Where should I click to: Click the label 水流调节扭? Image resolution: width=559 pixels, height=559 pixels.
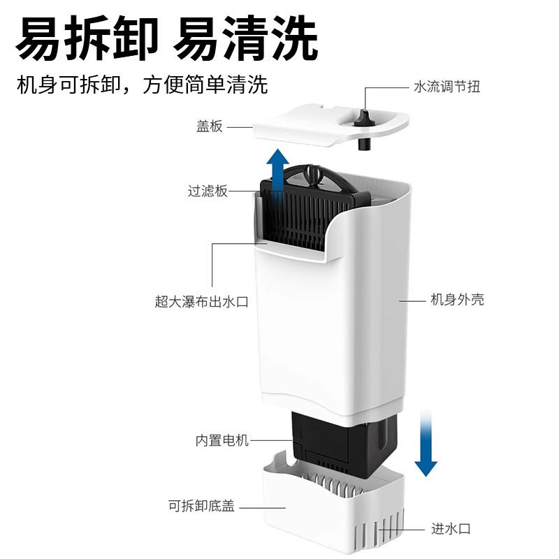pyautogui.click(x=447, y=87)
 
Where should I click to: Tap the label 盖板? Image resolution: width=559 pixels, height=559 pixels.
pyautogui.click(x=209, y=126)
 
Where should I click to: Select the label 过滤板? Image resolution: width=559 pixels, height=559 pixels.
pyautogui.click(x=208, y=191)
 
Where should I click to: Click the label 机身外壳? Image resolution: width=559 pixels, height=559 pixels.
pyautogui.click(x=457, y=300)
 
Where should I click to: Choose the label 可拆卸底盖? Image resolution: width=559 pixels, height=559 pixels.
pyautogui.click(x=201, y=505)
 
